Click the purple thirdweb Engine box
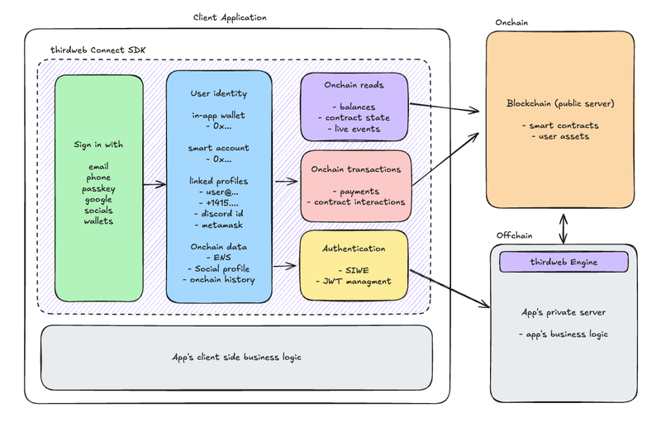coord(564,262)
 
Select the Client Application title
coord(230,17)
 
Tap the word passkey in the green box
coord(98,189)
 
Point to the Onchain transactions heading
coord(354,169)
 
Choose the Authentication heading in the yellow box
coord(354,249)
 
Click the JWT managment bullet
coord(354,282)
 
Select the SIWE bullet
coord(354,269)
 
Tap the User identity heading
coord(218,93)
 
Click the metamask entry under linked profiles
coord(219,225)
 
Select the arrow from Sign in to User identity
coord(154,185)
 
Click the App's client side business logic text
coord(235,358)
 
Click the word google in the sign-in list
coord(98,200)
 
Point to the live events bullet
coord(354,130)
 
